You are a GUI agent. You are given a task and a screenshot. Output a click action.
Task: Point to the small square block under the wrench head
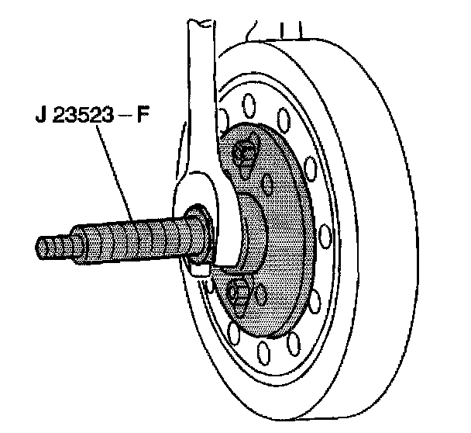click(198, 268)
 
